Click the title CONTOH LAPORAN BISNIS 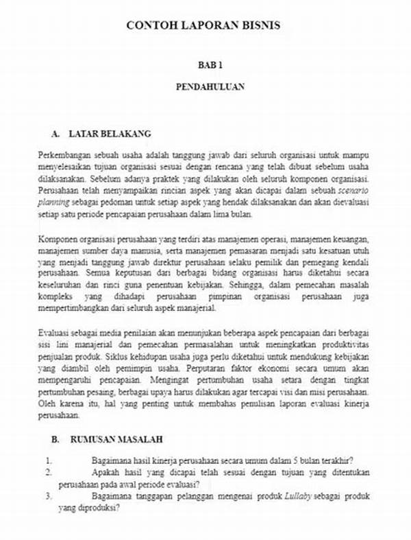point(203,26)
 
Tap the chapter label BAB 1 point(210,65)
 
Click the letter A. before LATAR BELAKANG point(57,132)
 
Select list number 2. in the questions point(49,473)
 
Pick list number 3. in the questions point(49,496)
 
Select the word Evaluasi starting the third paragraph point(55,333)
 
